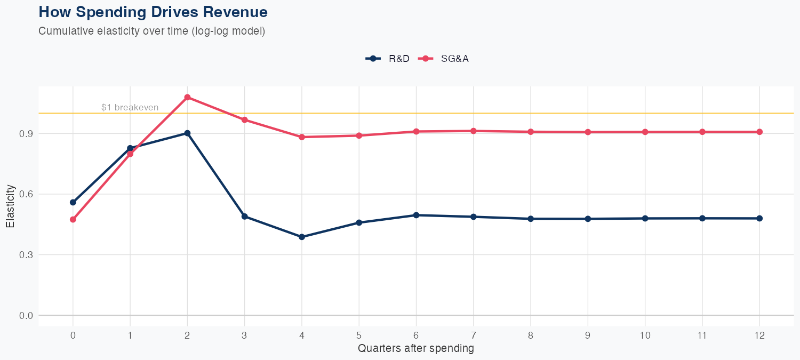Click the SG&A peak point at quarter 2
(187, 97)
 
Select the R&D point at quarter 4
(302, 237)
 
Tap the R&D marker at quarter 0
(73, 202)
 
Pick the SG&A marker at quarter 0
(73, 219)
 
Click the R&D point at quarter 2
(187, 133)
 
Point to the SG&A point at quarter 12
(759, 132)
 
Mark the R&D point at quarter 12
(759, 218)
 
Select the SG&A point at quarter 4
(302, 137)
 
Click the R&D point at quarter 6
(416, 215)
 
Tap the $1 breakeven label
(130, 107)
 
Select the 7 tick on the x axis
(473, 335)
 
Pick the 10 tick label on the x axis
(645, 335)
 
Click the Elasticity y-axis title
(10, 206)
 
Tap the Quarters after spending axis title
(415, 349)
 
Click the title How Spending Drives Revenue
(153, 12)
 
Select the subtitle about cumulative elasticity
(151, 31)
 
